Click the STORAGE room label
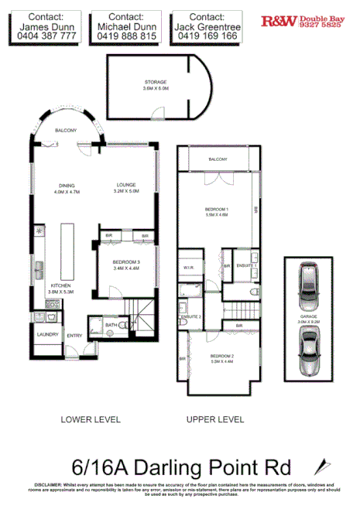point(155,82)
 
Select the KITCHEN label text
point(61,285)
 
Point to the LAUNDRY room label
point(48,334)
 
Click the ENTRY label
point(74,335)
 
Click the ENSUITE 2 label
point(191,317)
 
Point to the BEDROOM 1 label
point(218,210)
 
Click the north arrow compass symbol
point(319,468)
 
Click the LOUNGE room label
point(126,185)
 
